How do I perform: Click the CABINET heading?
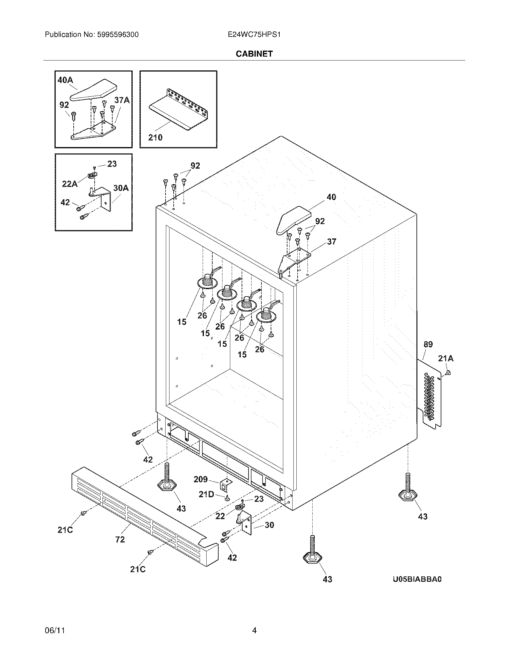click(254, 54)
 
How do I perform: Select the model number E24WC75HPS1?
click(254, 35)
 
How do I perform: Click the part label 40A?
click(65, 80)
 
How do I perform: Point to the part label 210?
click(155, 137)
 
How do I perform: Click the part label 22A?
click(70, 183)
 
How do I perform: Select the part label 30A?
click(121, 188)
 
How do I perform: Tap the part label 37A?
click(122, 100)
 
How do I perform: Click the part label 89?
click(428, 344)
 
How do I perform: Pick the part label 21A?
click(446, 358)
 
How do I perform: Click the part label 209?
click(201, 479)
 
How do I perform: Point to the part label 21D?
click(206, 494)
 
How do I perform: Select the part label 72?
click(120, 539)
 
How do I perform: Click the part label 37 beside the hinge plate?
click(331, 241)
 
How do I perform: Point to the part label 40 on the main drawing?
click(331, 197)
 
